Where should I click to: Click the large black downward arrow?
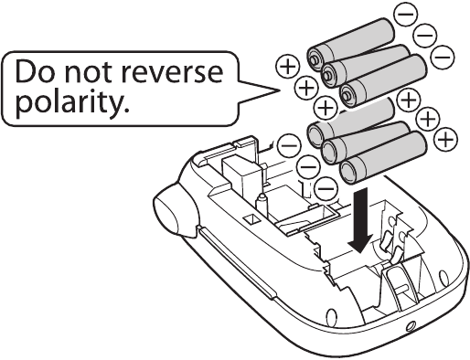pyautogui.click(x=363, y=220)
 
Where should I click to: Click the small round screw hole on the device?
pyautogui.click(x=410, y=325)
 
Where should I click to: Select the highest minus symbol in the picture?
pyautogui.click(x=405, y=15)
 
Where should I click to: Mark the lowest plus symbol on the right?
pyautogui.click(x=445, y=139)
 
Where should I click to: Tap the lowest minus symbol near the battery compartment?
pyautogui.click(x=326, y=187)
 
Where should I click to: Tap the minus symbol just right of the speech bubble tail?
pyautogui.click(x=288, y=144)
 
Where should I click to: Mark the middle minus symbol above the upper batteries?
pyautogui.click(x=424, y=36)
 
